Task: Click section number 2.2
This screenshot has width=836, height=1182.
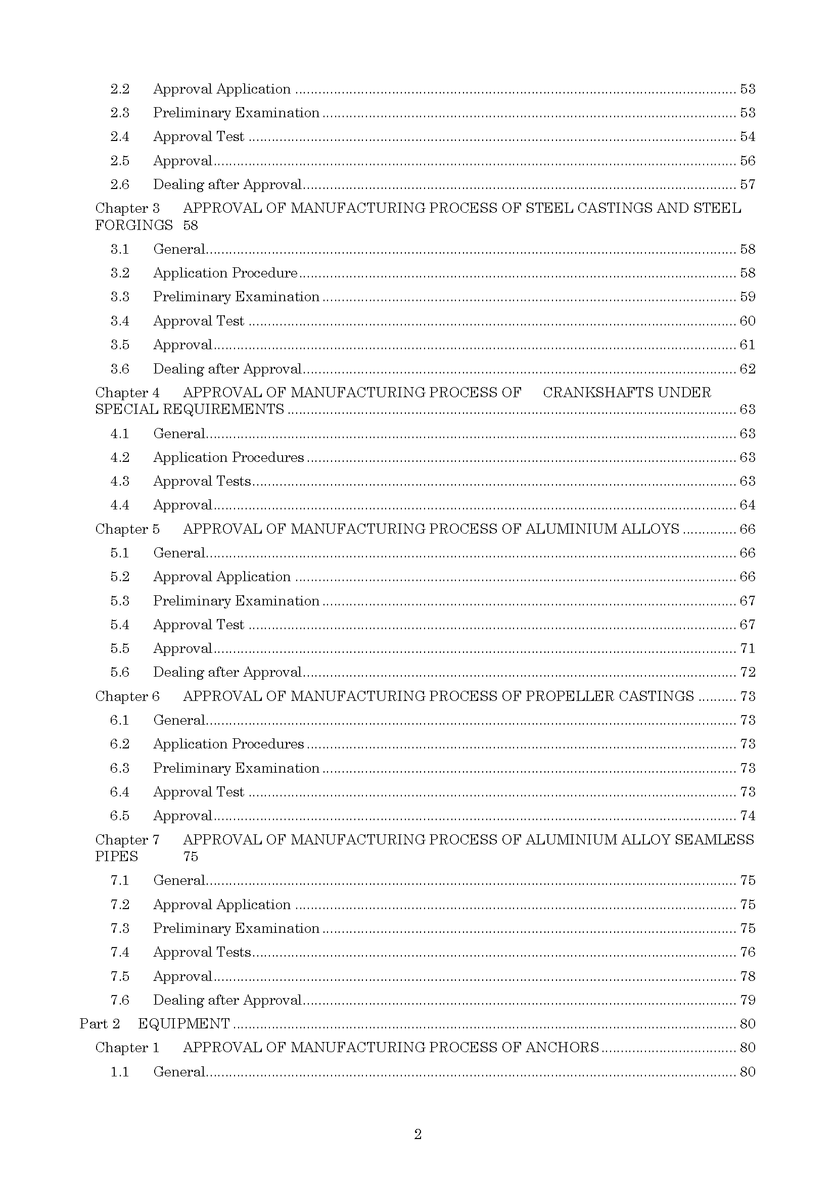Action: coord(119,89)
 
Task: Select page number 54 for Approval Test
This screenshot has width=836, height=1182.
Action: coord(748,136)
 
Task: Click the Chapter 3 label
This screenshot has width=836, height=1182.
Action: coord(127,208)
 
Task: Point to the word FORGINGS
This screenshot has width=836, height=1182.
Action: coord(134,225)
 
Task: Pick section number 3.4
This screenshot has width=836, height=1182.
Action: coord(119,321)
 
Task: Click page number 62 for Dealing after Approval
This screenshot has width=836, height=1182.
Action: coord(748,368)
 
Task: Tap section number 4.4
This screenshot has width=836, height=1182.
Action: coord(119,504)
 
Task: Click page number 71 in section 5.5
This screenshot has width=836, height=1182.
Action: coord(748,648)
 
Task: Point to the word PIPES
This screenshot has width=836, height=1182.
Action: coord(117,856)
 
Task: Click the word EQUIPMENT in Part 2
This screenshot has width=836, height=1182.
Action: coord(184,1023)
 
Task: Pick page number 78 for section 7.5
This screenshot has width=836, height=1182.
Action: coord(748,976)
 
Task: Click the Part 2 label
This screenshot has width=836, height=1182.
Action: coord(100,1023)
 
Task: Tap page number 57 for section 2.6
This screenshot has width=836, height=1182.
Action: coord(748,184)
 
